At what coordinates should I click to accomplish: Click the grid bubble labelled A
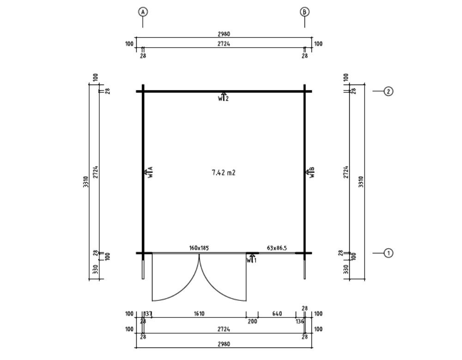pos(143,12)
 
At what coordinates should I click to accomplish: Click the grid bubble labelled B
pos(304,12)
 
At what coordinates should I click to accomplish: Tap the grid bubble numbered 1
pos(389,253)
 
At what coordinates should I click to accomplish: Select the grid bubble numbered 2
pos(389,92)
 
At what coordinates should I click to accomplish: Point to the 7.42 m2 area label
pos(224,173)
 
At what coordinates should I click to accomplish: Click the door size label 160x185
pos(199,248)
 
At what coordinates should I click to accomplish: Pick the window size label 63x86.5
pos(277,248)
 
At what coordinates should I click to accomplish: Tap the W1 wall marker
pos(251,259)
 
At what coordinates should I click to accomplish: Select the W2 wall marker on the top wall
pos(224,97)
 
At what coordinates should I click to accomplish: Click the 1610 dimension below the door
pos(199,314)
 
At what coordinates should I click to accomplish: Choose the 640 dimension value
pos(277,314)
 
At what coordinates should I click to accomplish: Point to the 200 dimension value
pos(252,322)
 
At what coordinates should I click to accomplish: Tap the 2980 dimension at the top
pos(224,34)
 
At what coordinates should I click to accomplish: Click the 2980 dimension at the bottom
pos(224,344)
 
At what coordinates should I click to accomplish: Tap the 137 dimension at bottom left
pos(149,314)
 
